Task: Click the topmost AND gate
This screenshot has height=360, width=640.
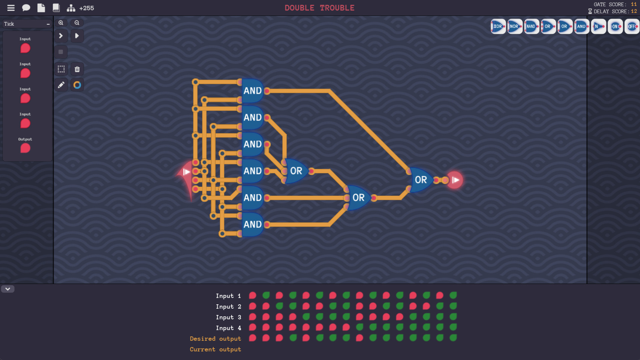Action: click(252, 91)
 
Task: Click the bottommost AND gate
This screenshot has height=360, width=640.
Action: click(252, 224)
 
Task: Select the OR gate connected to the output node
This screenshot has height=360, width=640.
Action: click(421, 180)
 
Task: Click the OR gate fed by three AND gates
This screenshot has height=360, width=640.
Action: click(296, 171)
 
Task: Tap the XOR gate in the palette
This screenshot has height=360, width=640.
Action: click(498, 26)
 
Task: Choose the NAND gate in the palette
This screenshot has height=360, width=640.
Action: click(531, 26)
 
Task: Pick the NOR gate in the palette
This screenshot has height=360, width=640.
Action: click(515, 26)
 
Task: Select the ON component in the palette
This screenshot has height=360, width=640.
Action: click(615, 26)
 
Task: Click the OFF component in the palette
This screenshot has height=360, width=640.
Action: click(632, 26)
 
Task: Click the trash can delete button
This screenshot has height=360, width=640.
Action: click(77, 69)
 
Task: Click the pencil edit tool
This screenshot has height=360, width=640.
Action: click(61, 85)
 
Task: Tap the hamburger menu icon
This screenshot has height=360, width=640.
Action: click(11, 8)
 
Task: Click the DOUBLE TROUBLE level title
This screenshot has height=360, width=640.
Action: click(319, 8)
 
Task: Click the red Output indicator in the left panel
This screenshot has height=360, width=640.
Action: click(25, 148)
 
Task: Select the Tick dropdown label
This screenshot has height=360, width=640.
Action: click(9, 24)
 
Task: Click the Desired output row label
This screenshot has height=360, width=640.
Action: click(215, 339)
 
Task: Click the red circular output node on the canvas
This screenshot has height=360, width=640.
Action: click(455, 180)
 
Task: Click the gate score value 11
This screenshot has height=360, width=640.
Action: click(634, 4)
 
